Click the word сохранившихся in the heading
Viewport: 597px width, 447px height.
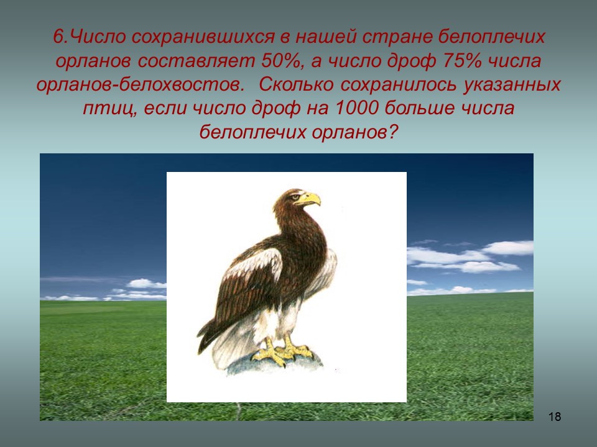tap(203, 37)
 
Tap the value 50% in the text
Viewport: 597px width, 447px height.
tap(280, 61)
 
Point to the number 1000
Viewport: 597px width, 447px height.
tap(357, 108)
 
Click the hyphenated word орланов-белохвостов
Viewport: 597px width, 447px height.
tap(140, 84)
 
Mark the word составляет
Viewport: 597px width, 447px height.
tap(197, 61)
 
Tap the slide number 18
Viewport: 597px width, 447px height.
tap(555, 417)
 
